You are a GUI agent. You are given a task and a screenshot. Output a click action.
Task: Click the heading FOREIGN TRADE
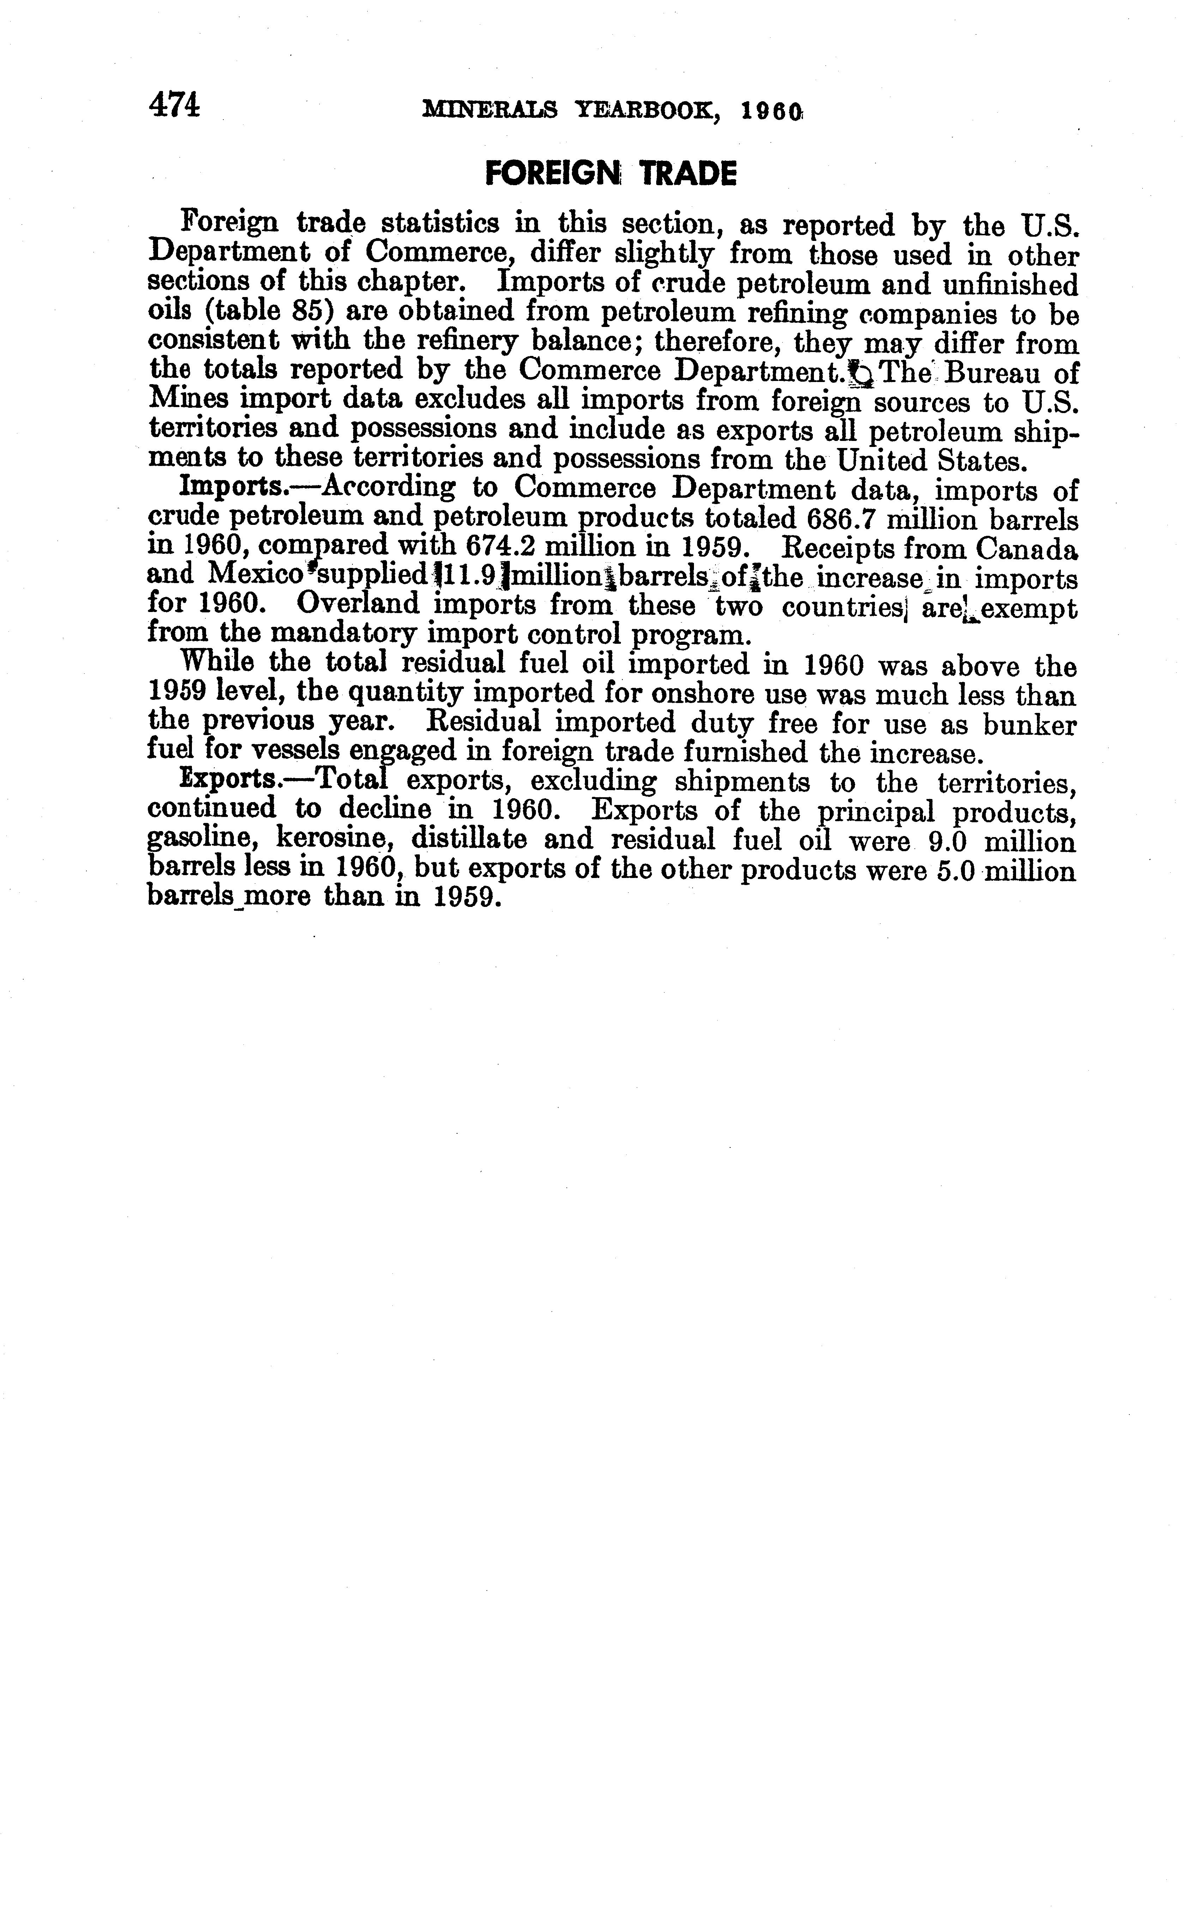tap(611, 173)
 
